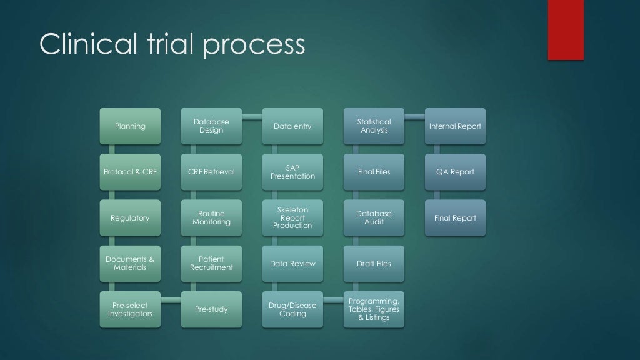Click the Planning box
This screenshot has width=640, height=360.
click(130, 126)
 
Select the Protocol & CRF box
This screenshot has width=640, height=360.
click(130, 172)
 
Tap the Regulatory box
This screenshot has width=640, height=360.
click(130, 218)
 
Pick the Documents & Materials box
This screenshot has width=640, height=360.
click(130, 263)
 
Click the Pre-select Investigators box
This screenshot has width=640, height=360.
click(130, 309)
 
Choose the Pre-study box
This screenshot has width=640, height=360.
click(211, 309)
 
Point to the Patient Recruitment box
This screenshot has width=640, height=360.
click(211, 263)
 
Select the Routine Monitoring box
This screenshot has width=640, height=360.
click(211, 218)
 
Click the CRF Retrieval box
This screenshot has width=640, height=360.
click(211, 172)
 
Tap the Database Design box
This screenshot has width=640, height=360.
click(211, 126)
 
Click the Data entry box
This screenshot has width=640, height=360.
click(292, 126)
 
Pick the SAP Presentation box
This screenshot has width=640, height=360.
click(292, 172)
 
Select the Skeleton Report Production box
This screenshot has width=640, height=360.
click(292, 218)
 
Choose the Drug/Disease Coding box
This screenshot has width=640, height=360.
click(292, 309)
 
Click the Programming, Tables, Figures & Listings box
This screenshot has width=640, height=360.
click(374, 309)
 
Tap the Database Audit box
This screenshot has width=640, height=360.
click(374, 218)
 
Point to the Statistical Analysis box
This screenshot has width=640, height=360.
click(374, 126)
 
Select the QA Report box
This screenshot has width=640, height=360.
click(455, 172)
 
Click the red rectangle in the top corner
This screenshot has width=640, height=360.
click(566, 29)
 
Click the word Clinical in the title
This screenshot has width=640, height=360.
click(82, 45)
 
